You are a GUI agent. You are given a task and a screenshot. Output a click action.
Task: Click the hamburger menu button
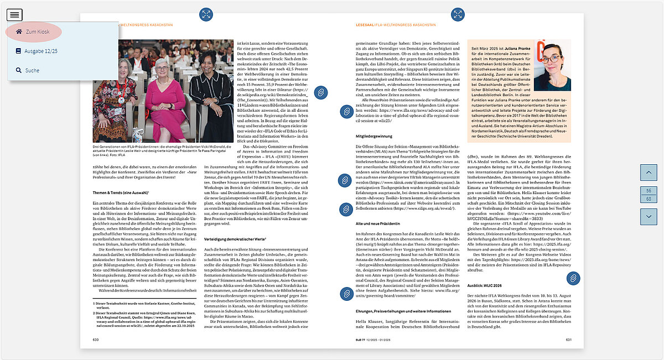pyautogui.click(x=15, y=15)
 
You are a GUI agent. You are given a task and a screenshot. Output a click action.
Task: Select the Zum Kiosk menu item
pyautogui.click(x=37, y=32)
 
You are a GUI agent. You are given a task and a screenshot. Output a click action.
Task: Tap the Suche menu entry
pyautogui.click(x=32, y=70)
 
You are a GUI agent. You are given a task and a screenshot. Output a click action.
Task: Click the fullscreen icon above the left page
pyautogui.click(x=206, y=15)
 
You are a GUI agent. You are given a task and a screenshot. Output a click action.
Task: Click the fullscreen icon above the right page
pyautogui.click(x=458, y=15)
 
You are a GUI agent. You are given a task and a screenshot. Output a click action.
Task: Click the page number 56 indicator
pyautogui.click(x=648, y=190)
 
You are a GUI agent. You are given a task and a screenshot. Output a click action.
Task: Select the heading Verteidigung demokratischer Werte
pyautogui.click(x=235, y=239)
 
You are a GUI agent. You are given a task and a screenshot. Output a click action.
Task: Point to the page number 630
pyautogui.click(x=96, y=340)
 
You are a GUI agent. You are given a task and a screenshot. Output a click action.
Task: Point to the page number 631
pyautogui.click(x=568, y=340)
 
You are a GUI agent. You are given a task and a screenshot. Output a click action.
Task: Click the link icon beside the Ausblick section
pyautogui.click(x=573, y=278)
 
